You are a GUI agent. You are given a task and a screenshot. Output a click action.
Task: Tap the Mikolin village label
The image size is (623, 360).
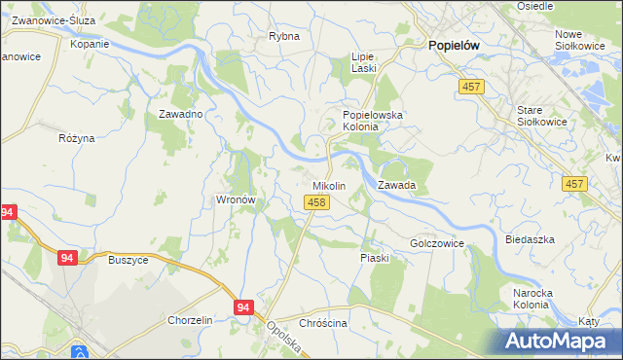tap(329, 185)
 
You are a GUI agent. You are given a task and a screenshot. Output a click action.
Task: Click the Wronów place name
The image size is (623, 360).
tap(235, 200)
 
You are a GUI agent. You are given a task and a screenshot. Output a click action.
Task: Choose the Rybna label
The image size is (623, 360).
tap(283, 37)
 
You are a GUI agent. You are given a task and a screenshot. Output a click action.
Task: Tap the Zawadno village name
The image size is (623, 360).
tap(180, 114)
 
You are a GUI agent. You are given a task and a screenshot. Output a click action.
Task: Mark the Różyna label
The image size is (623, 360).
tap(77, 138)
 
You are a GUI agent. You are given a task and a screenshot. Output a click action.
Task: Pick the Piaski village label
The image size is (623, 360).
tap(375, 258)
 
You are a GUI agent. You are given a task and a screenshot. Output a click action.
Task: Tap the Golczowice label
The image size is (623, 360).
tap(437, 243)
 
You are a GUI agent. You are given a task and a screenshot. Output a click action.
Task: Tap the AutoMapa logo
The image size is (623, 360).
tap(559, 342)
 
